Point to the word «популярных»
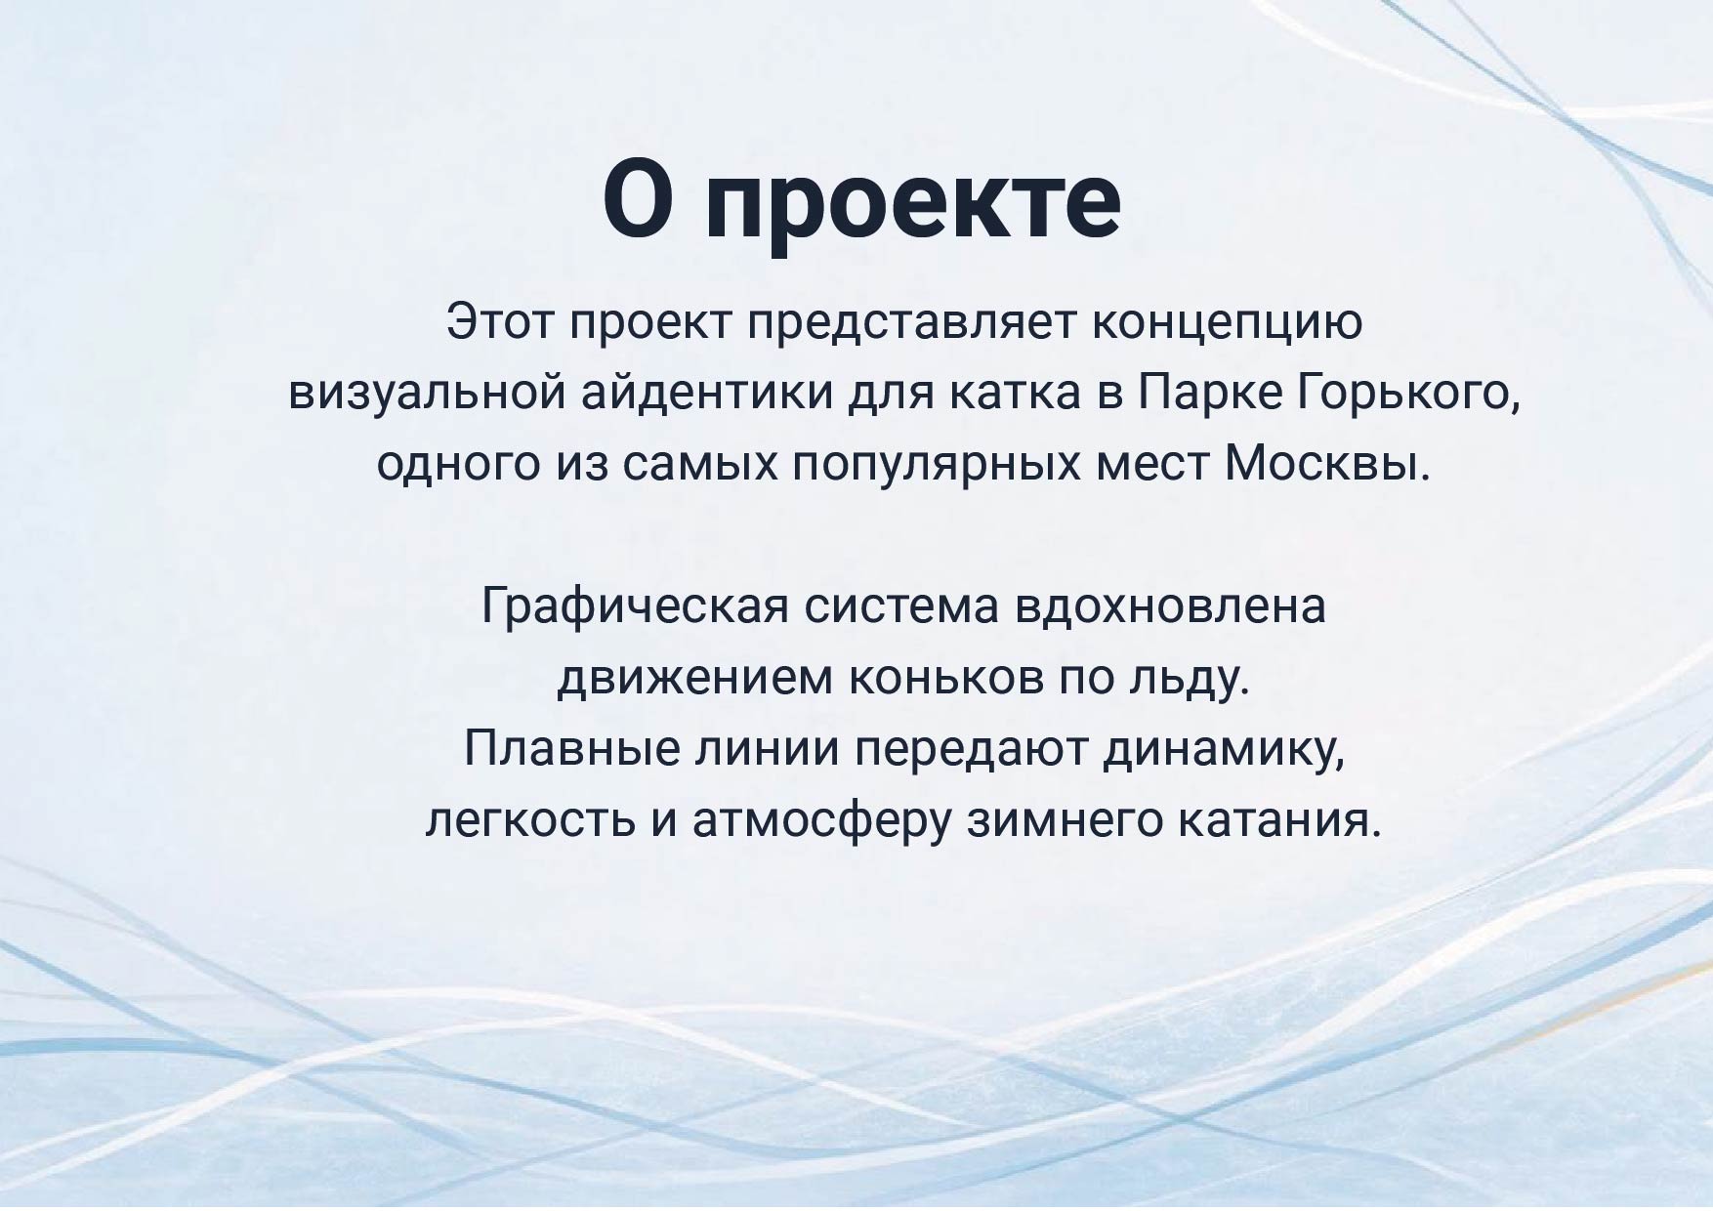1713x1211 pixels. tap(936, 465)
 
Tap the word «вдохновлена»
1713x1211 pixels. tap(1170, 606)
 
